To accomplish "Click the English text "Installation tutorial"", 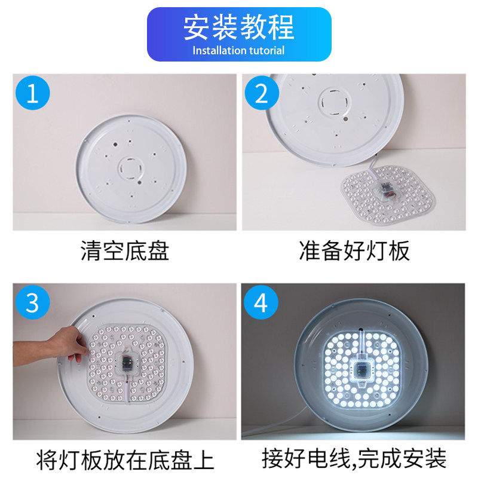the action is click(x=238, y=51).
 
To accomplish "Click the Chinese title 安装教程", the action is click(x=238, y=27).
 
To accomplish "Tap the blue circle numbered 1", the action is click(x=33, y=93).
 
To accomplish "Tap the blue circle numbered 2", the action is click(x=262, y=93).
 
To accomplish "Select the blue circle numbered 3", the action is click(x=33, y=302).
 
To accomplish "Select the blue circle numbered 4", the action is click(x=261, y=302).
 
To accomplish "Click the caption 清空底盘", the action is click(x=125, y=250).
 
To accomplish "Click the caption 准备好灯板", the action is click(x=354, y=250).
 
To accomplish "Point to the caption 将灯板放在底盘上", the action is click(x=125, y=459).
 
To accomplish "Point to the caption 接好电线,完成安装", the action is click(x=354, y=459).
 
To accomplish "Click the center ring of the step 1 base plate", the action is click(x=130, y=168).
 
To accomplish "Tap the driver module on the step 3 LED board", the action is click(x=126, y=363).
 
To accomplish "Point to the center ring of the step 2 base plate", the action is click(x=334, y=102).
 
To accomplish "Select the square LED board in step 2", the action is click(x=388, y=195).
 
